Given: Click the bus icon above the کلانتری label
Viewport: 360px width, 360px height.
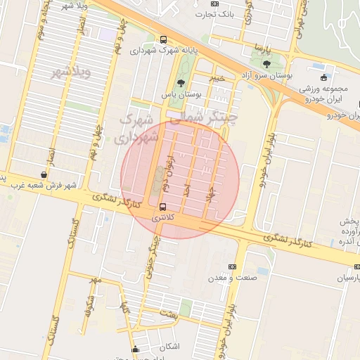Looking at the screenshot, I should point(163,207).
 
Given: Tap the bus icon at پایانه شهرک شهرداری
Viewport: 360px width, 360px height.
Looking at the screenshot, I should point(163,40).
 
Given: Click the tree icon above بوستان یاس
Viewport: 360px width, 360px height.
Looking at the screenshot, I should point(181,83).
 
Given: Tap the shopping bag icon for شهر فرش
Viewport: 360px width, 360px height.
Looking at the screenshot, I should point(44,174).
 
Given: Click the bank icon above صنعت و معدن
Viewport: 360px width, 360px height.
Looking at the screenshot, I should point(233,266).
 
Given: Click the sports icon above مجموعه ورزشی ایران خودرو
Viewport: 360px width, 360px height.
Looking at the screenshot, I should point(323,77).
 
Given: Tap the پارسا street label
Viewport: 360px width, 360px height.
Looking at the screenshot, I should point(262,51).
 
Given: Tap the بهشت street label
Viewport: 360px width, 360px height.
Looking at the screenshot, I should point(167,314).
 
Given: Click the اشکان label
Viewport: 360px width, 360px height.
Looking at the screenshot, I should point(169,346).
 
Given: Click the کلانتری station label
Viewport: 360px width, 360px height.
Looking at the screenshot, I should point(163,218).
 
